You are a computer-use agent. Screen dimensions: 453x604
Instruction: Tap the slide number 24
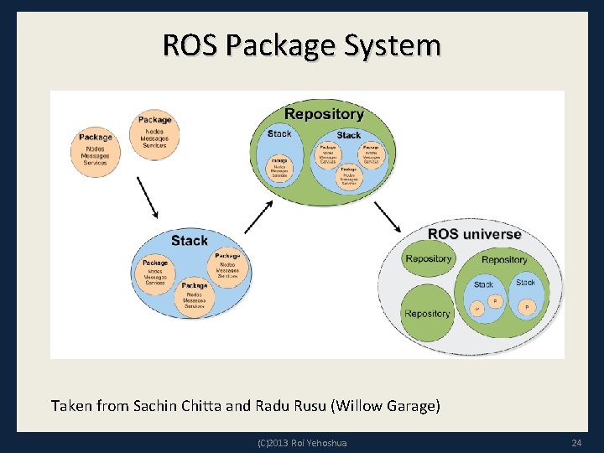tap(576, 442)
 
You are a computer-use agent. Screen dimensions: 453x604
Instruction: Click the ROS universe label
tap(475, 234)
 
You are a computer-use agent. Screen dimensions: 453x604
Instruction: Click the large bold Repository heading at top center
tap(324, 114)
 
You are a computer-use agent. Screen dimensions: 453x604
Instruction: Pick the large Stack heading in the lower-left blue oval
tap(190, 241)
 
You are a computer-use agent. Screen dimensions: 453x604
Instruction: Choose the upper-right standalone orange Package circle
tap(154, 133)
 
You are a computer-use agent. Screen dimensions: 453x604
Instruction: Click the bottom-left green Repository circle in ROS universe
tap(427, 314)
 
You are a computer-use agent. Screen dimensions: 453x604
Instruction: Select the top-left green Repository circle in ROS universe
tap(428, 258)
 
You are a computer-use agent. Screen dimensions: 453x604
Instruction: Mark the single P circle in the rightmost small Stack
tap(527, 307)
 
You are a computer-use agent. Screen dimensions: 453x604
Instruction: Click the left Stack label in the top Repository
tap(280, 133)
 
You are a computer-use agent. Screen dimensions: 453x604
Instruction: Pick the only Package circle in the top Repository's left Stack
tap(279, 166)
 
